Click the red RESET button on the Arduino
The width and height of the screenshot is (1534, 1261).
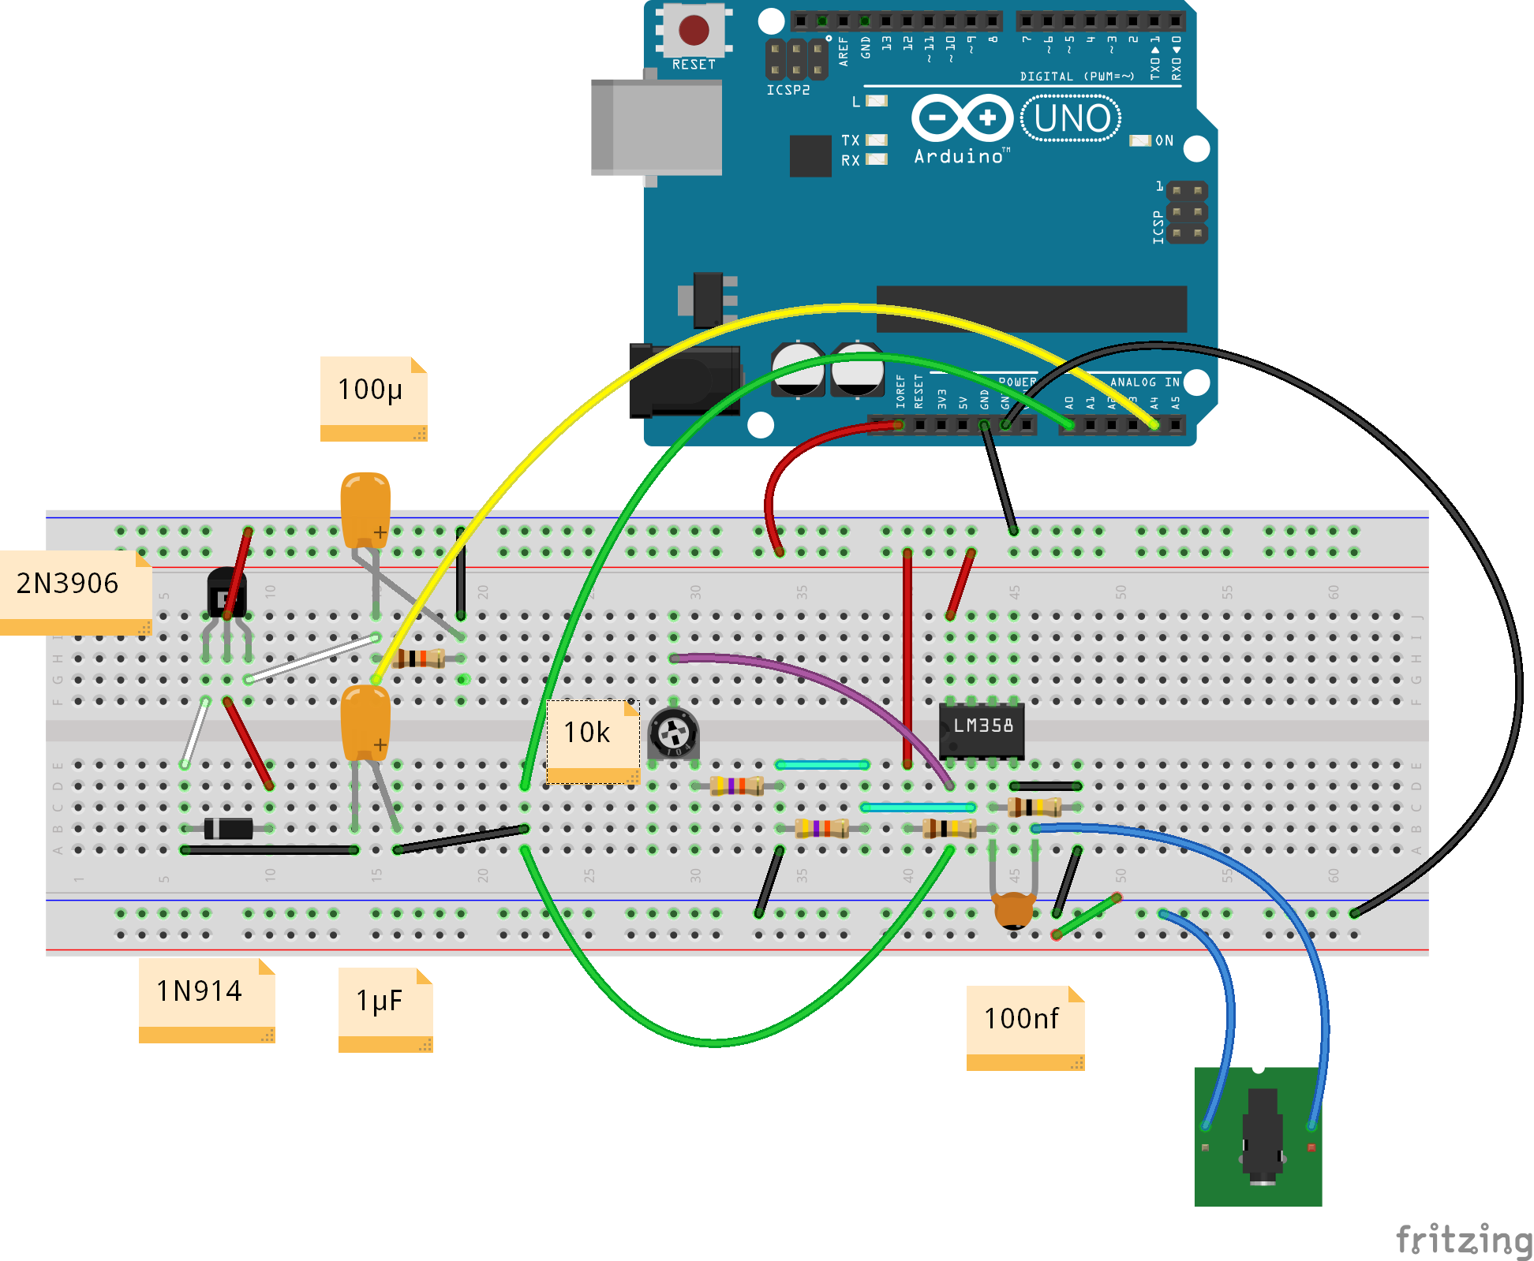point(694,30)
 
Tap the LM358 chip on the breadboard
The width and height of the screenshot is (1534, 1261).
point(982,729)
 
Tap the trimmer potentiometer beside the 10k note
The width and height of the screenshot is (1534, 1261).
point(673,733)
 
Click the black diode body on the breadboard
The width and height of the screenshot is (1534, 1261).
point(229,828)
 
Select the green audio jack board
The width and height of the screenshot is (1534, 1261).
point(1258,1136)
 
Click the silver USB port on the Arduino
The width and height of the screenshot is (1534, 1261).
point(657,126)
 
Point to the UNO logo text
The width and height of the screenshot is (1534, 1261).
point(1071,118)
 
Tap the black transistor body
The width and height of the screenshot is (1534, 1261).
point(226,593)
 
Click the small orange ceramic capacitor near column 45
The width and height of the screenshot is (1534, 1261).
point(1014,909)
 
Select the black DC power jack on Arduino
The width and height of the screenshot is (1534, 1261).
point(683,380)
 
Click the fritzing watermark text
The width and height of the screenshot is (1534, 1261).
point(1464,1240)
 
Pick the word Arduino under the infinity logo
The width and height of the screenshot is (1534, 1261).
point(959,156)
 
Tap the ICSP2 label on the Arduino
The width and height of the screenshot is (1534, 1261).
point(788,90)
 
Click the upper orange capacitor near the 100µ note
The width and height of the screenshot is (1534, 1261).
point(365,506)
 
